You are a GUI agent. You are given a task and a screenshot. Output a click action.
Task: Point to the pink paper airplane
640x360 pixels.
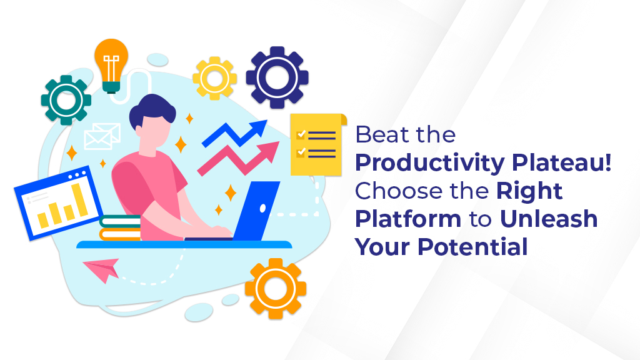[x=102, y=269]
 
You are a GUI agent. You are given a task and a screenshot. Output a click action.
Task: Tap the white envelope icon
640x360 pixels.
[x=102, y=136]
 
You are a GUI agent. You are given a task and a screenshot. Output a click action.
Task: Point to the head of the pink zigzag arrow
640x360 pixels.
[x=269, y=151]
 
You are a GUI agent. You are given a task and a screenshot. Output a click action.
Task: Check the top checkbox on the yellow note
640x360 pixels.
[x=301, y=134]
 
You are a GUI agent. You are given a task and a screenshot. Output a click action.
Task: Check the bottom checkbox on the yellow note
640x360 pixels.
[x=301, y=152]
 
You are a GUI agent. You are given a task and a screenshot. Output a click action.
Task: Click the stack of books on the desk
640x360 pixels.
[x=120, y=227]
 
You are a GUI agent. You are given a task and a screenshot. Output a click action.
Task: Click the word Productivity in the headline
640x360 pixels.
[x=430, y=163]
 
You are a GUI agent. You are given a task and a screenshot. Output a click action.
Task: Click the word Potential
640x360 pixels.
[x=472, y=246]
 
